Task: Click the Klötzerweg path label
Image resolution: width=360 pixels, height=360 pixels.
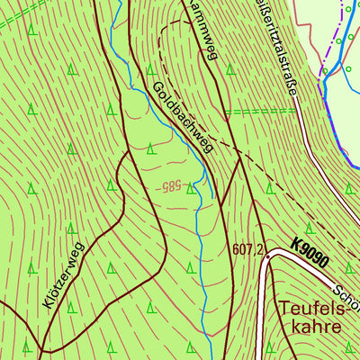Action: [62, 274]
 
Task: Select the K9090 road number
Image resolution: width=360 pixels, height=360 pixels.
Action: [310, 254]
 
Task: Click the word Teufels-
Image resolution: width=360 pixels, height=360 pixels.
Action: [310, 307]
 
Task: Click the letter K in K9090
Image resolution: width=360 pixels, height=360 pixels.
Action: [296, 245]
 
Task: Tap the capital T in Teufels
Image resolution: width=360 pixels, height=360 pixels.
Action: [285, 307]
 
